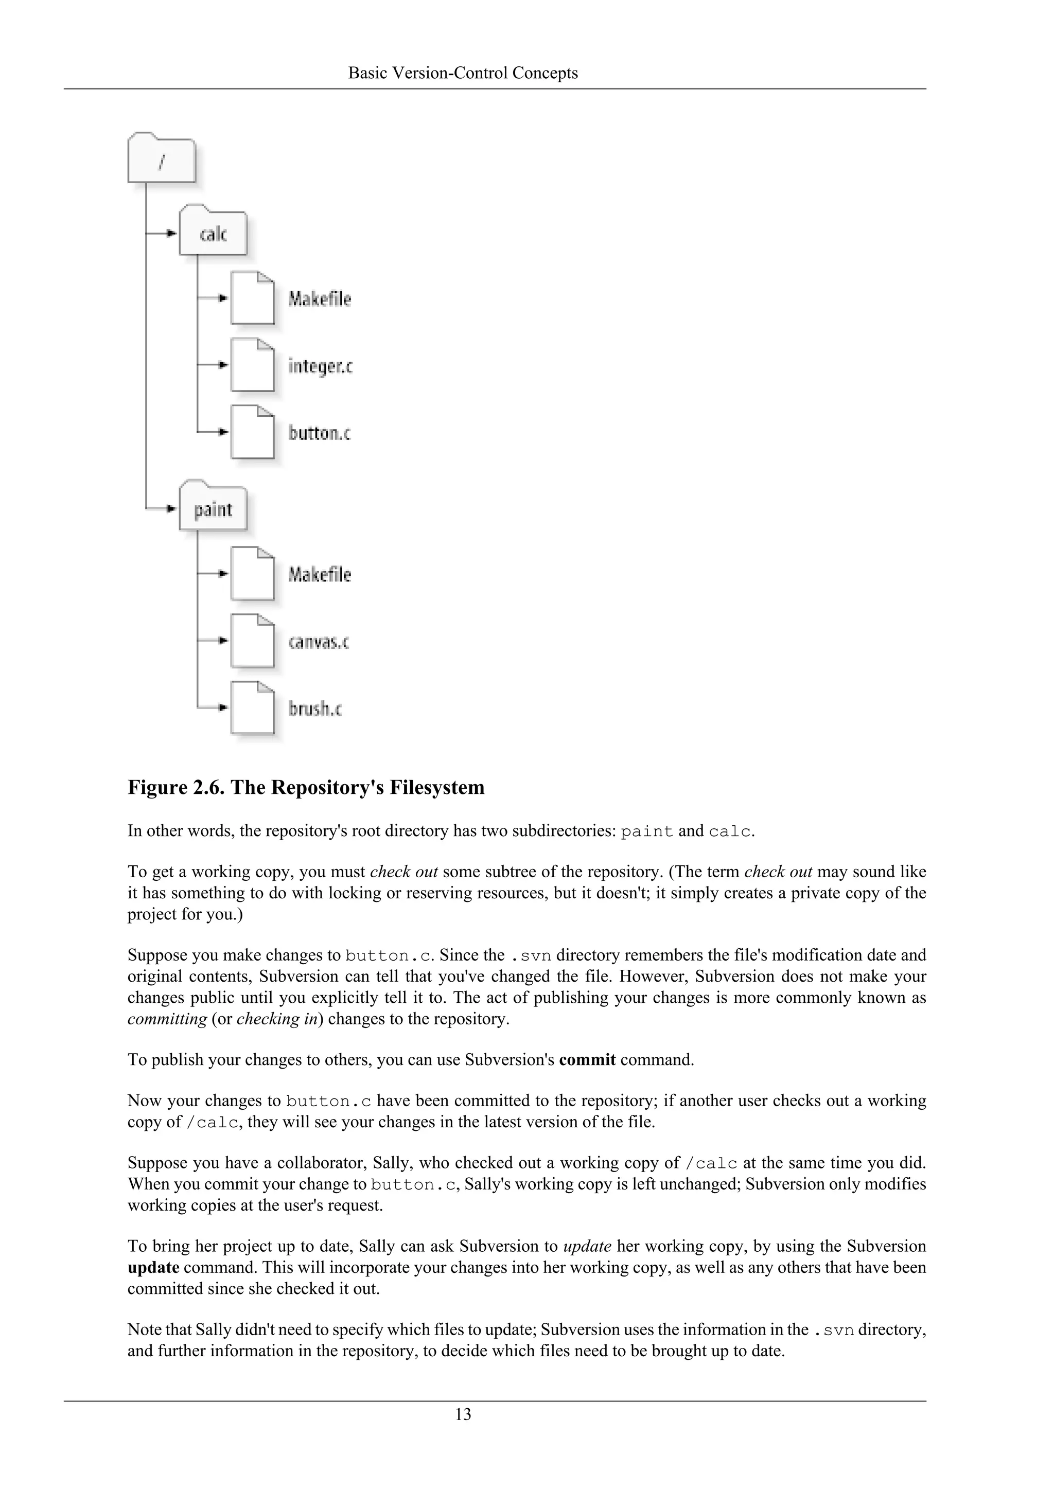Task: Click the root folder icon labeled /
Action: click(161, 159)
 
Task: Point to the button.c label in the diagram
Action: click(319, 433)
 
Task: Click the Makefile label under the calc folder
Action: click(319, 299)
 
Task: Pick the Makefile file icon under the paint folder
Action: click(252, 574)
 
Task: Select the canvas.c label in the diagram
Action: click(318, 642)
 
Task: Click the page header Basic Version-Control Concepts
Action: click(463, 73)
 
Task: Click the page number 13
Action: click(463, 1414)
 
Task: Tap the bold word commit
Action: click(587, 1060)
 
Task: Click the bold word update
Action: click(153, 1267)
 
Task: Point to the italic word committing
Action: click(167, 1019)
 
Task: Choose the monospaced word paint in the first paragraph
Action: click(646, 832)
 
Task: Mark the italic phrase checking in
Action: click(277, 1019)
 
